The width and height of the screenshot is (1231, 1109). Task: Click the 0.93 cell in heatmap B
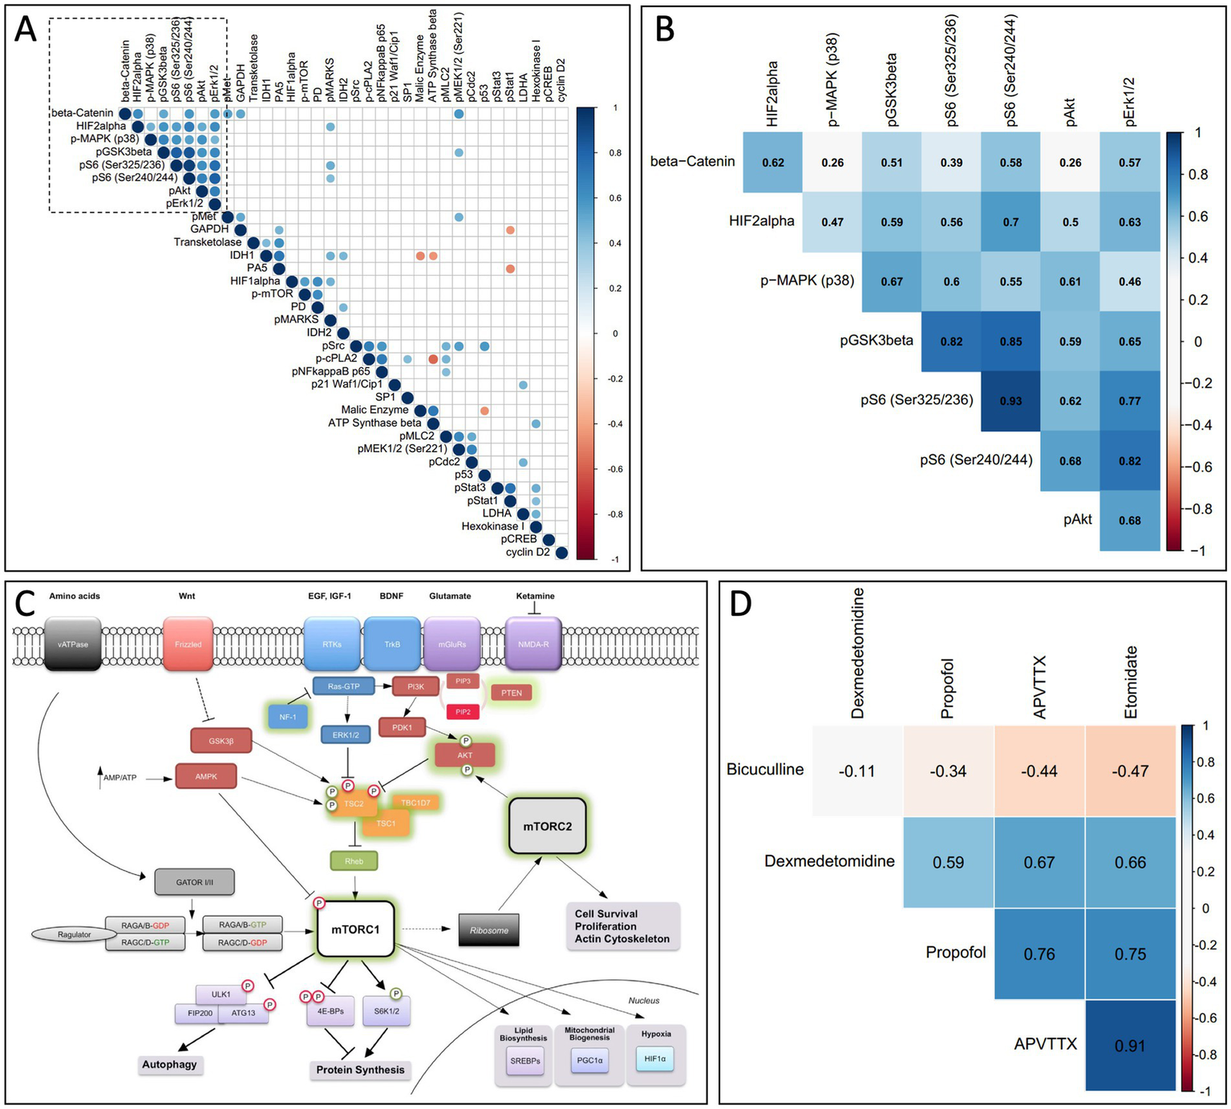(1010, 401)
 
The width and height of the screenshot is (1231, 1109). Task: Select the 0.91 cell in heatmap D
(1129, 1046)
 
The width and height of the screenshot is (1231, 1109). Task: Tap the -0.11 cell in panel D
(856, 771)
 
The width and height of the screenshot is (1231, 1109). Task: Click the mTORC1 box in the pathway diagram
(355, 929)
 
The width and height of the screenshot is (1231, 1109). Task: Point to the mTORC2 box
(548, 826)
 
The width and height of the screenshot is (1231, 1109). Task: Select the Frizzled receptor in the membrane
(188, 644)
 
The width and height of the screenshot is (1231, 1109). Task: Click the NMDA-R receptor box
(533, 644)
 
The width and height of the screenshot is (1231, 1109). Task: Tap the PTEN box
(511, 693)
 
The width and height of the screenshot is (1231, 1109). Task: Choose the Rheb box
(354, 861)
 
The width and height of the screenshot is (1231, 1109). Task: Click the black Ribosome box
(489, 930)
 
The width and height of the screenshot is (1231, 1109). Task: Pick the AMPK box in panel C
(205, 776)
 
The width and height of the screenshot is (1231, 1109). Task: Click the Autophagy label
(169, 1065)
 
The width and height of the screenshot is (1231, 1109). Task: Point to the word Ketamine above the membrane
(535, 596)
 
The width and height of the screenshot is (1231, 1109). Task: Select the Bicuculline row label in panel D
(764, 770)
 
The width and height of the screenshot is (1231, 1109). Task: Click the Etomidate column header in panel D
(1131, 682)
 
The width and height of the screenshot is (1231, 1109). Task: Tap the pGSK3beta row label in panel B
(876, 341)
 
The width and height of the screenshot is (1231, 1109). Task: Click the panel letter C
(26, 603)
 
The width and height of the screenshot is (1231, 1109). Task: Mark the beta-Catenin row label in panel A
(82, 113)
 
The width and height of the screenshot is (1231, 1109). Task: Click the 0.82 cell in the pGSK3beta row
(951, 342)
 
